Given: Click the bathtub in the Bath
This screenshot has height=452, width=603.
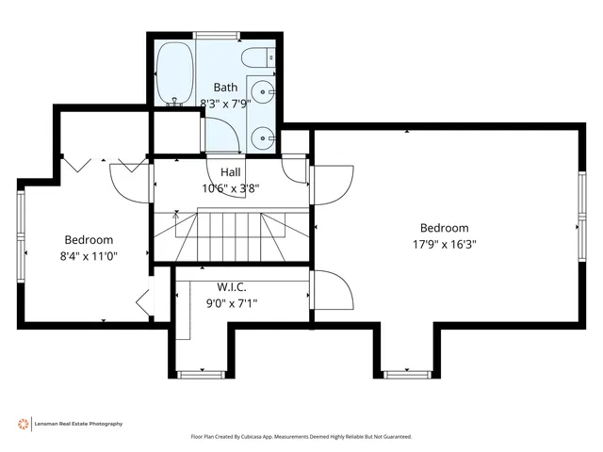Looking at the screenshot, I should pos(174,74).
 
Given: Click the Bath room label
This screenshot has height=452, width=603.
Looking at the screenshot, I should pos(226,87).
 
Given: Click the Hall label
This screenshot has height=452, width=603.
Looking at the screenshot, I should pos(231,172).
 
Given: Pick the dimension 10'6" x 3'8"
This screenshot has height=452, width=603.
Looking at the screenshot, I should pos(231,187).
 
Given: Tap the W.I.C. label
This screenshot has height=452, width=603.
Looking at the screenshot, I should pos(232,287).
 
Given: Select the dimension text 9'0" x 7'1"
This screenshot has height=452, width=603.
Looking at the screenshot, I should pos(232,302).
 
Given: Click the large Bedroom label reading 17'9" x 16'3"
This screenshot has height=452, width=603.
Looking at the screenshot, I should pos(444,228).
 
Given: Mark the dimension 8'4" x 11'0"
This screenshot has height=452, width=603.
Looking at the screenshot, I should pos(89,255).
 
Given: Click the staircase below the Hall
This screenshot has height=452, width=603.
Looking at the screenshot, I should pos(231,235).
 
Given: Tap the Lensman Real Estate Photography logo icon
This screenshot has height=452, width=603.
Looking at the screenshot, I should pos(23,424).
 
